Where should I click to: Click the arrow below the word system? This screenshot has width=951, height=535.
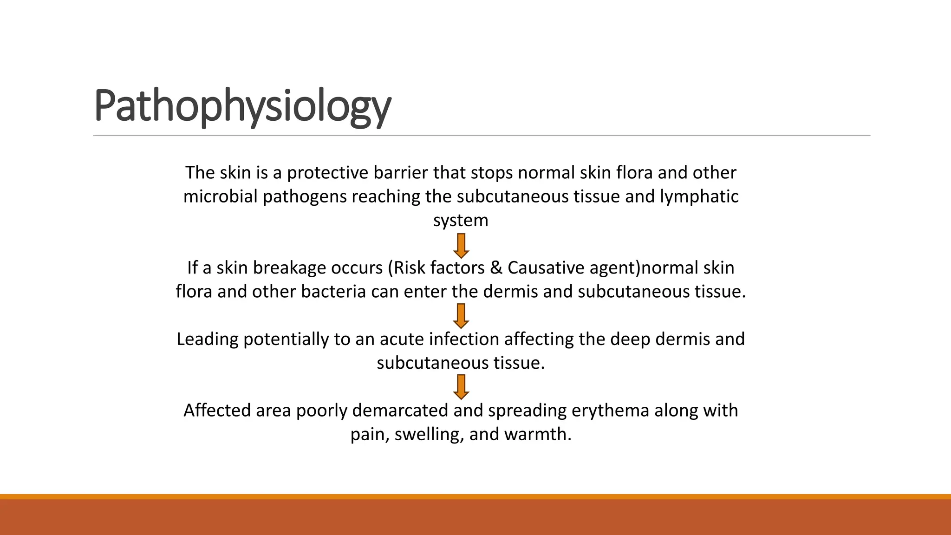pos(461,246)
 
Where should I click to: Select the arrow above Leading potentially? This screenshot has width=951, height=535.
pos(461,316)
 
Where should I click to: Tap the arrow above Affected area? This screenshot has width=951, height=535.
pos(461,387)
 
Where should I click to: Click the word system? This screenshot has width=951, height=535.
pos(461,221)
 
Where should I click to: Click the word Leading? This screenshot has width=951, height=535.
pos(207,339)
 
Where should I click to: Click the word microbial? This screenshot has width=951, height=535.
pos(220,197)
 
